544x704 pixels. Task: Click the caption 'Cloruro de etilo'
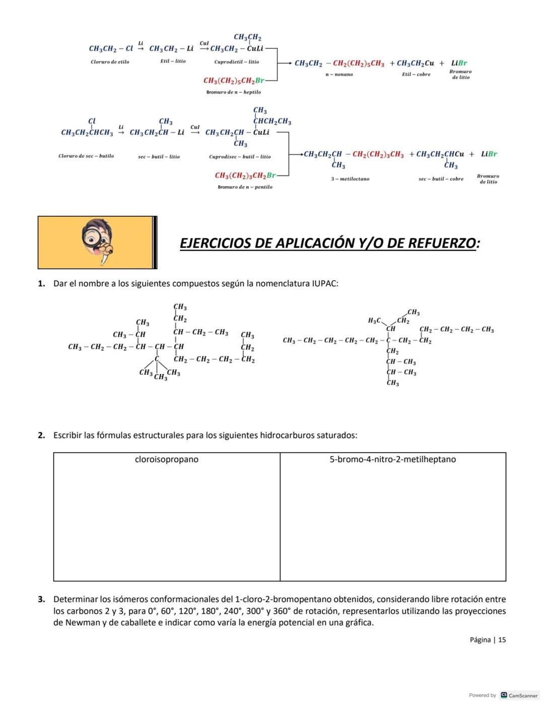110,62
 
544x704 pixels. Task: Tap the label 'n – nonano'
339,75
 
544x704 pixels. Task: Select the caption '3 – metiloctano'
350,179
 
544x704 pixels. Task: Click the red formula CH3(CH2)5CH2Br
234,81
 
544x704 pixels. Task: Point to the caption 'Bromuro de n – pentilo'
245,187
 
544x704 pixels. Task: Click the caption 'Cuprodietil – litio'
236,62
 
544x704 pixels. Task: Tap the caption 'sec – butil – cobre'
441,179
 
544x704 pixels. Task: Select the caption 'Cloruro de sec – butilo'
86,156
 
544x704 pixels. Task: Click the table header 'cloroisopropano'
167,460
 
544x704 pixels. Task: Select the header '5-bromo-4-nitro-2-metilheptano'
392,460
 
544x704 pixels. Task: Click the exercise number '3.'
41,600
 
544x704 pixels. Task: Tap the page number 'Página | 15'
488,640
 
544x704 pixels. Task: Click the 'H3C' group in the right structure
374,321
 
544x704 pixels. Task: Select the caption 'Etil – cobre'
416,75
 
